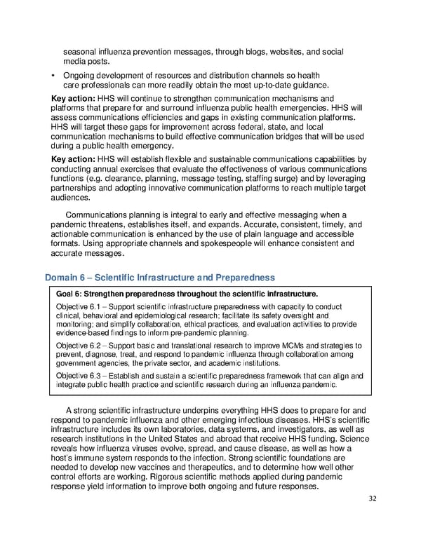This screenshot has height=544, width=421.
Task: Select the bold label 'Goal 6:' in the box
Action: coord(70,294)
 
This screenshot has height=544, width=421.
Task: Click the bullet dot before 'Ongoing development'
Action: coord(54,75)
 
